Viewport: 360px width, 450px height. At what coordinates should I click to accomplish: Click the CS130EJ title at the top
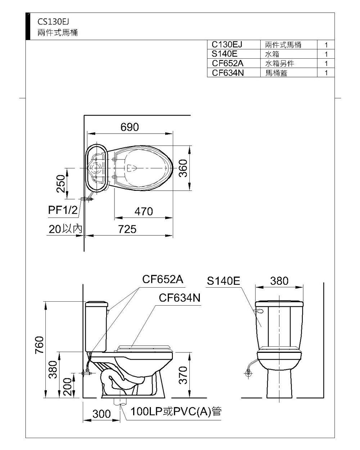click(53, 22)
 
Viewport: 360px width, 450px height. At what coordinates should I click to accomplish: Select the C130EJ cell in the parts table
click(227, 45)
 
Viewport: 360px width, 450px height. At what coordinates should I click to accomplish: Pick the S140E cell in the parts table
click(224, 54)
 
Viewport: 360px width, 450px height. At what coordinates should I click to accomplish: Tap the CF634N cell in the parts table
click(228, 73)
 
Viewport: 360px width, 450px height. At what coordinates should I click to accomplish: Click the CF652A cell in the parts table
click(228, 63)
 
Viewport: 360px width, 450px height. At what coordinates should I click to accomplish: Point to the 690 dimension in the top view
click(130, 127)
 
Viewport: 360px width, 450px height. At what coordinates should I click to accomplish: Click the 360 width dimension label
click(183, 168)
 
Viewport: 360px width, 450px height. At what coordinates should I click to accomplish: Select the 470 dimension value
click(144, 211)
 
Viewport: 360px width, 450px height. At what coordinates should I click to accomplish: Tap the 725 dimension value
click(127, 229)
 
